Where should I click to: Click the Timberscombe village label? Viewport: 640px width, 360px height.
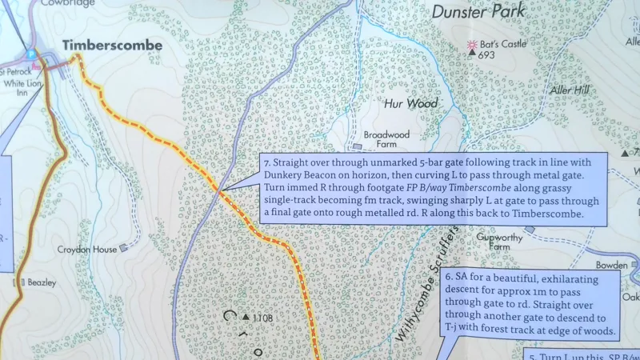point(112,46)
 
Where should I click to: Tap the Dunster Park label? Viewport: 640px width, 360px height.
point(478,11)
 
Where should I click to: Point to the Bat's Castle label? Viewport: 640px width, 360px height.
point(503,44)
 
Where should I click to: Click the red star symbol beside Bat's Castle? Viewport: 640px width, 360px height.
point(472,44)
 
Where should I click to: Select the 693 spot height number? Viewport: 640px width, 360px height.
point(486,56)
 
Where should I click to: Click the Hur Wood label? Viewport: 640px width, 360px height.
point(410,104)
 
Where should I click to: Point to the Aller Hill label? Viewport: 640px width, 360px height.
point(569,91)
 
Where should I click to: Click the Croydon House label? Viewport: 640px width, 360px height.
point(87,250)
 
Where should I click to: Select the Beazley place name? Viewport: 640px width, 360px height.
point(40,283)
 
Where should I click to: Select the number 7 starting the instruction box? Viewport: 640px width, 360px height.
point(266,162)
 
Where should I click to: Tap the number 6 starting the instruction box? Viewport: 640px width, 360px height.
point(449,277)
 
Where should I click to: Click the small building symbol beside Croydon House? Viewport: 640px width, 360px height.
point(122,248)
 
